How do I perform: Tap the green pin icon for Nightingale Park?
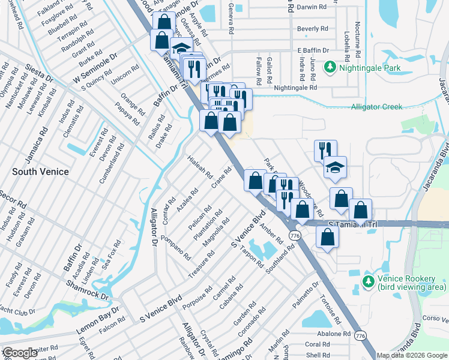click(x=330, y=68)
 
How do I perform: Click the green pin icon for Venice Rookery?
click(x=368, y=281)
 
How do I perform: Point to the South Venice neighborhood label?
click(x=41, y=172)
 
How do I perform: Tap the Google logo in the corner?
click(x=20, y=353)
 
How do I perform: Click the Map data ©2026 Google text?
click(x=412, y=355)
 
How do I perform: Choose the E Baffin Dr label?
click(x=313, y=51)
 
